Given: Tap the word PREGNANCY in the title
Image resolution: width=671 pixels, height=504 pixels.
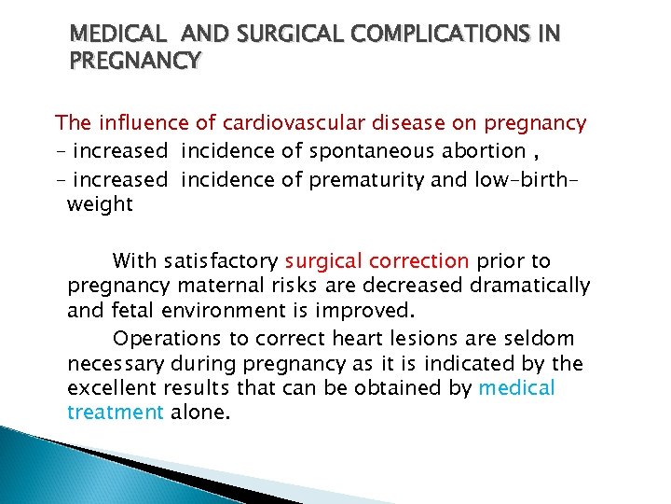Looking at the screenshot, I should [x=135, y=62].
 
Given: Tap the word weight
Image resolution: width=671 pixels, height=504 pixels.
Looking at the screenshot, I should [x=100, y=204].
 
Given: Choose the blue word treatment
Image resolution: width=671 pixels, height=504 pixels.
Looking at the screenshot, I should [x=116, y=412].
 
